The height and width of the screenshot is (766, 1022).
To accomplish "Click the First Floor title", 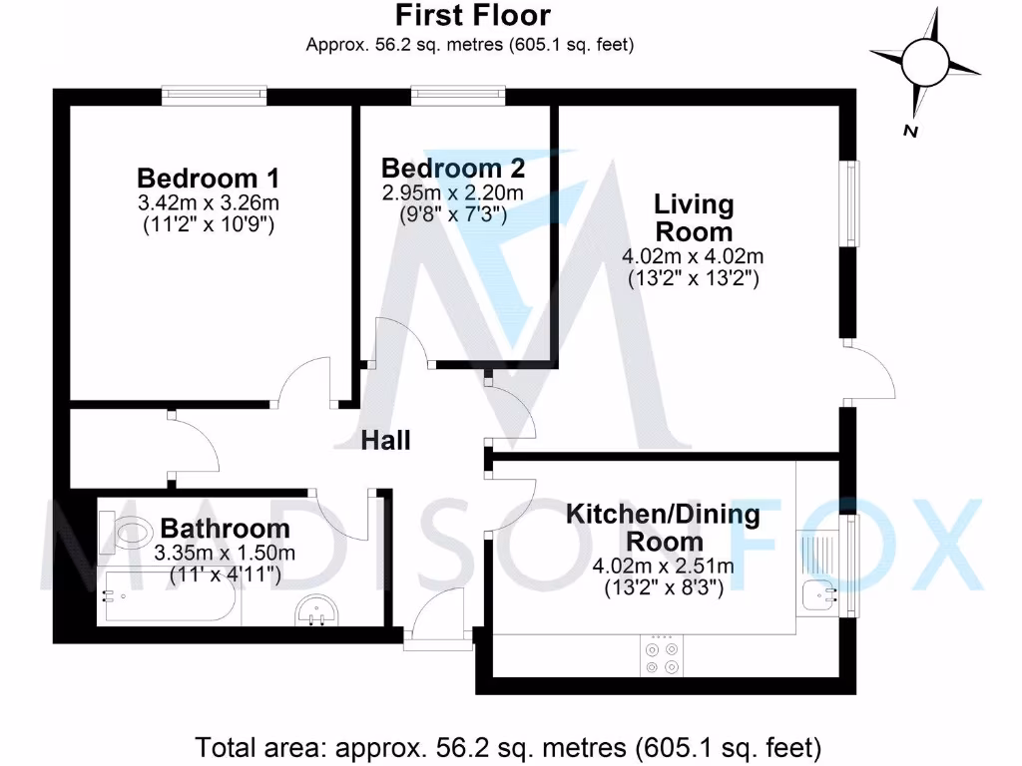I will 472,16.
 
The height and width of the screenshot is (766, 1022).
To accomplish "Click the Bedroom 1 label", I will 208,179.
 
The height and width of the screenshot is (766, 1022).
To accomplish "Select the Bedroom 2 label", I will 452,168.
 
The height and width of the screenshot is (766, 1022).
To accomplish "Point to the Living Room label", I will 693,218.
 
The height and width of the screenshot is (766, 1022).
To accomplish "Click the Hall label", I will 385,440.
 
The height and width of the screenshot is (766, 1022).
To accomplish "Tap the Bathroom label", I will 225,528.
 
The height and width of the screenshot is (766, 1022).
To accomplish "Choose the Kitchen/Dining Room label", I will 663,529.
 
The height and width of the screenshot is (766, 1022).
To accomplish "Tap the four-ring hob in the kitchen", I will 662,657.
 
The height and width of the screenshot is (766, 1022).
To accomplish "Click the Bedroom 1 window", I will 216,96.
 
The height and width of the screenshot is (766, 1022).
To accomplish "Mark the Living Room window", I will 849,202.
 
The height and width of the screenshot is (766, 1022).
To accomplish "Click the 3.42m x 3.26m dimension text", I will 208,203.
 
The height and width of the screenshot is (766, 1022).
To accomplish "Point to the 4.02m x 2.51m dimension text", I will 663,568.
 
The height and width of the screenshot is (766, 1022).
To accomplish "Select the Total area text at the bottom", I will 509,746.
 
